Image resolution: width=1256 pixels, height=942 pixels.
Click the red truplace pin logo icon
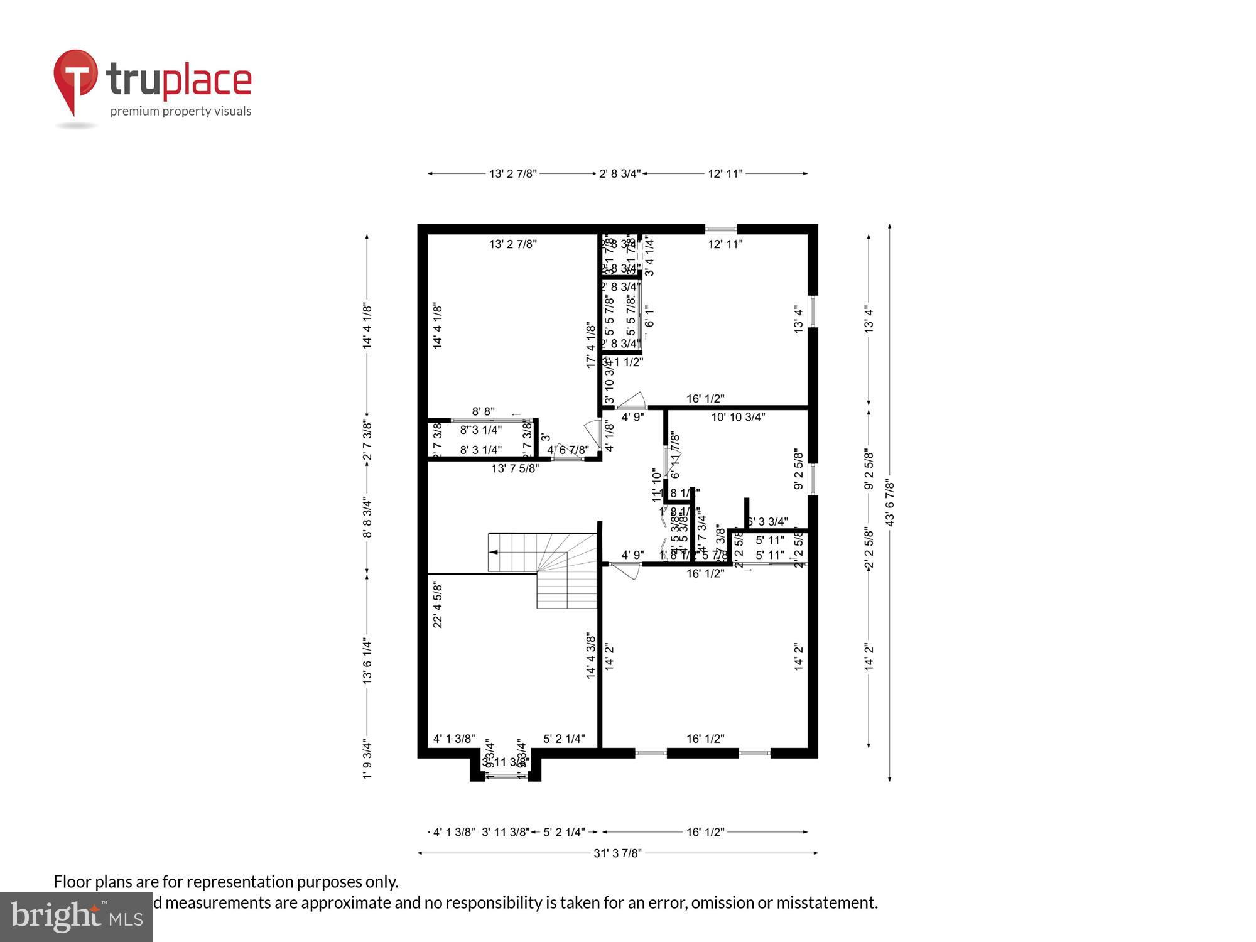pyautogui.click(x=76, y=78)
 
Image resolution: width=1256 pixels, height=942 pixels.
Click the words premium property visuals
pyautogui.click(x=181, y=112)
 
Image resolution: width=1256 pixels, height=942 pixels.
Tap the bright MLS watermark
pyautogui.click(x=77, y=918)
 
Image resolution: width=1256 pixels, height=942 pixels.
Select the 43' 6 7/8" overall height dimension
pyautogui.click(x=889, y=502)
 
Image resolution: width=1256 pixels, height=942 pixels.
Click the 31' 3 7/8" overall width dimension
pyautogui.click(x=617, y=853)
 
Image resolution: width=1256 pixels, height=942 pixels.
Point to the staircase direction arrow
pyautogui.click(x=494, y=552)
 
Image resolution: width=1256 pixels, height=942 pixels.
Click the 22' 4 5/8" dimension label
pyautogui.click(x=438, y=604)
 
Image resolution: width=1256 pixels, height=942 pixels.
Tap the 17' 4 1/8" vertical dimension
pyautogui.click(x=591, y=345)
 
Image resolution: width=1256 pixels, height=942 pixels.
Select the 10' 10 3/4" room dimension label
pyautogui.click(x=738, y=417)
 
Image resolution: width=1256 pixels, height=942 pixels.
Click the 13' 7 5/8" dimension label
pyautogui.click(x=515, y=468)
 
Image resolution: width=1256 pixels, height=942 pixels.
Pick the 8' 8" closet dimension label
pyautogui.click(x=483, y=411)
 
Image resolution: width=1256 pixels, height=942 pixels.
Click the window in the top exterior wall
pyautogui.click(x=720, y=229)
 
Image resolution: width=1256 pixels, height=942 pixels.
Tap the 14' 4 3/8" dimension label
pyautogui.click(x=591, y=655)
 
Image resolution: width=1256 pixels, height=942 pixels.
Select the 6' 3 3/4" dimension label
pyautogui.click(x=767, y=521)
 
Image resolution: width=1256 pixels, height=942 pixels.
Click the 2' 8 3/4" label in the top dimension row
pyautogui.click(x=619, y=173)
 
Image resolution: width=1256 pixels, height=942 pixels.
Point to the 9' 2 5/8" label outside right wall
pyautogui.click(x=869, y=468)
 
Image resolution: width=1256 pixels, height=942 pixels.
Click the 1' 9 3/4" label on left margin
pyautogui.click(x=367, y=761)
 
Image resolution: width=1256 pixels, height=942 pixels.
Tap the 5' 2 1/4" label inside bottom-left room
pyautogui.click(x=564, y=739)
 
